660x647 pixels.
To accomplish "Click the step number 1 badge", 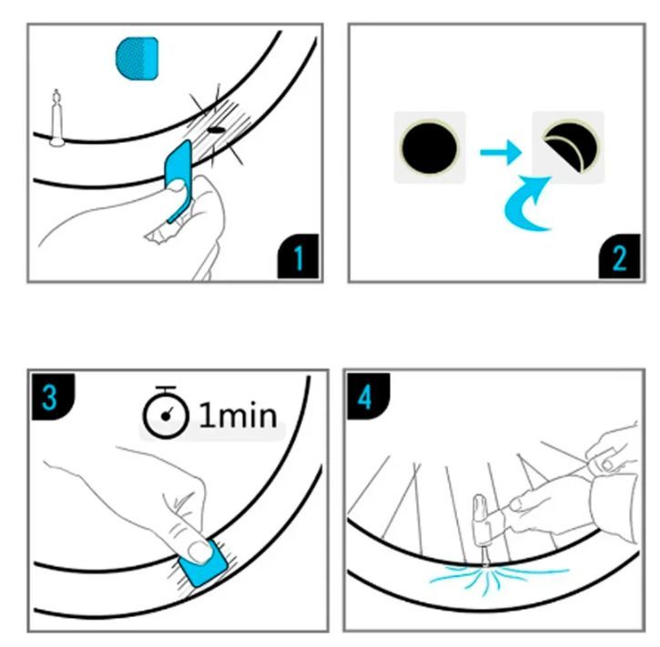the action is (x=298, y=257).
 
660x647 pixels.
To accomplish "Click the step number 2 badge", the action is (x=619, y=257).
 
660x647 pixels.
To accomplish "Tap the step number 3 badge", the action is (x=53, y=396).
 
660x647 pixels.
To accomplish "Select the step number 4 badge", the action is (x=369, y=396).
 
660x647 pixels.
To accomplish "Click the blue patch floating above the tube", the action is (x=137, y=58).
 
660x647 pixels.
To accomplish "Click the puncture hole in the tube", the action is (x=216, y=130).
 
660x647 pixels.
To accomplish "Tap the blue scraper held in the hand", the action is (x=179, y=181).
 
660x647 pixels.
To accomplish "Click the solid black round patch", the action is (x=430, y=147).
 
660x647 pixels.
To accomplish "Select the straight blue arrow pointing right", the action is (x=501, y=152).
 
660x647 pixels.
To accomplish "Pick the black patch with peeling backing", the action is (x=570, y=147).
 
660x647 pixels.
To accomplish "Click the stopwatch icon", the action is (x=166, y=412).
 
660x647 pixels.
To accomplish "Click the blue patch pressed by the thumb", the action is (x=204, y=563).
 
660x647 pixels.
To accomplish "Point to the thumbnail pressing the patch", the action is (x=200, y=551).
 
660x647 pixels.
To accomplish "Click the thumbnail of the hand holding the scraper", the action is (x=176, y=186).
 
